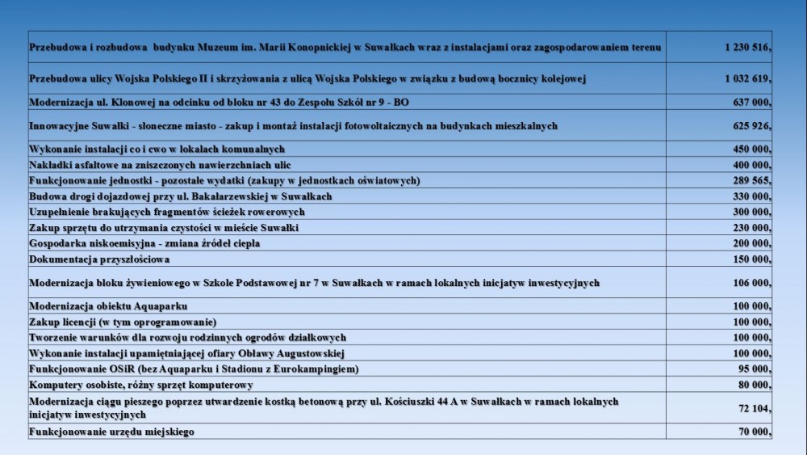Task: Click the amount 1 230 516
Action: pos(748,48)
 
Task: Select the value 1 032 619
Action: pos(748,79)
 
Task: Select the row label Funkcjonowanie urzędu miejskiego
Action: pos(111,432)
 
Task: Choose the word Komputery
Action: pos(57,385)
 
